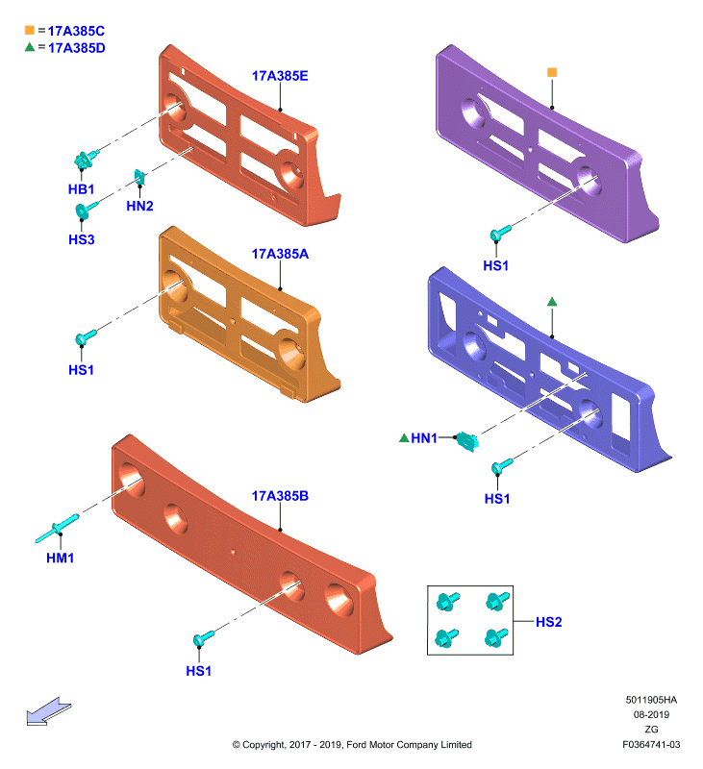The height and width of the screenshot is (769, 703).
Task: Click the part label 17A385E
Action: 280,76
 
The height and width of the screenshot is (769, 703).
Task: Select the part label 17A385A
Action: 280,254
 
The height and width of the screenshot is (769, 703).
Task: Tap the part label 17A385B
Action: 280,496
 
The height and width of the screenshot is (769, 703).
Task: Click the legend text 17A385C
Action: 76,31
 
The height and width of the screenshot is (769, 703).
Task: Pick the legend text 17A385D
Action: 77,48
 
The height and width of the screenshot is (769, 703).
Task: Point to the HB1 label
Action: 81,189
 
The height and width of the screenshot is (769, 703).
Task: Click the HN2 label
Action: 139,206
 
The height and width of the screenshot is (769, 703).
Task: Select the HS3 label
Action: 82,239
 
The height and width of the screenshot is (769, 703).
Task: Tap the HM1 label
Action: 60,558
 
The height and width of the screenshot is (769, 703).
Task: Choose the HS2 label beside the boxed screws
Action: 548,622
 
